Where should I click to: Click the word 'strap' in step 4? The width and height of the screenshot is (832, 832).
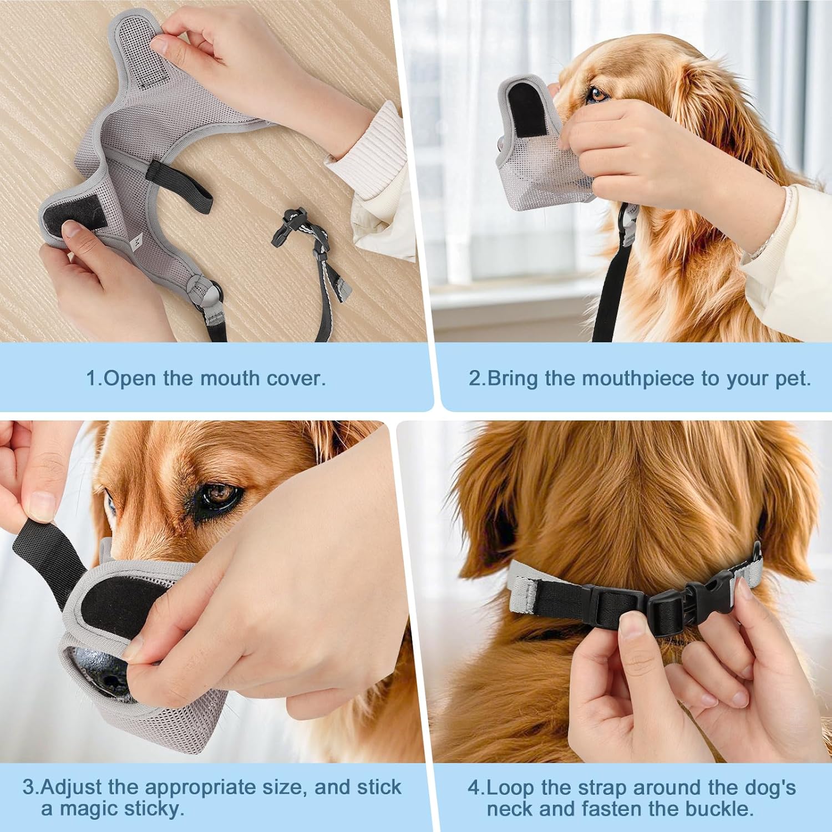(x=601, y=788)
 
